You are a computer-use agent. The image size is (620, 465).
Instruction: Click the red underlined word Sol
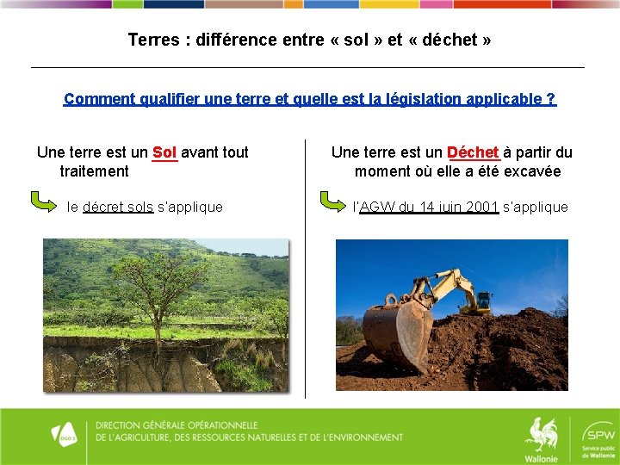pos(164,153)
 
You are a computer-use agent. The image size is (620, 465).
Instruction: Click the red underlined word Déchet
pos(474,153)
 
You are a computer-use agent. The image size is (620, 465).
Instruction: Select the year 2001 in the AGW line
pos(481,207)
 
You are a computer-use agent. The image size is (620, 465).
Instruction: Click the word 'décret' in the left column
pos(102,207)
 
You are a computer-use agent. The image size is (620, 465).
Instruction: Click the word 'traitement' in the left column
pos(94,171)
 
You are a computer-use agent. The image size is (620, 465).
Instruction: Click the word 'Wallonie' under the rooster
pos(541,458)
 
